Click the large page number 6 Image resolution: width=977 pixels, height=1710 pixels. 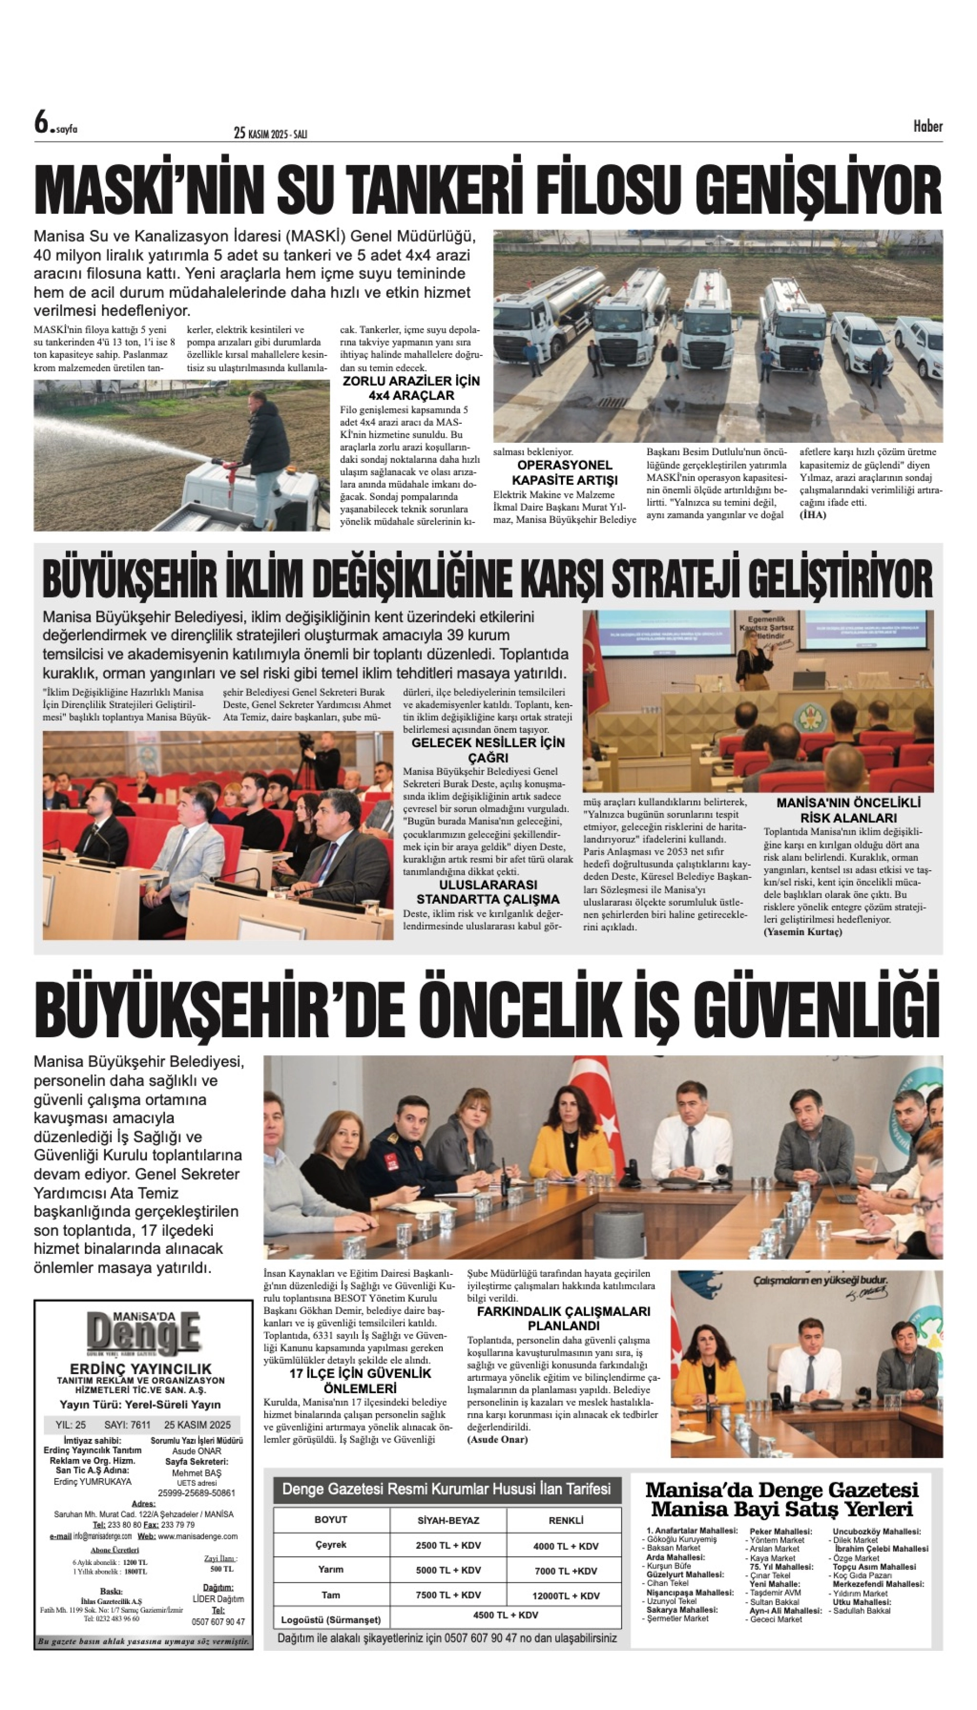(42, 123)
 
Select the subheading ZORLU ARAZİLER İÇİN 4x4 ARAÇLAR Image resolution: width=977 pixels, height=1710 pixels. (411, 388)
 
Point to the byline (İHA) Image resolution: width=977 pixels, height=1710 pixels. (812, 515)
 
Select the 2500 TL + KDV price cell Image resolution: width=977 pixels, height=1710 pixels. (448, 1545)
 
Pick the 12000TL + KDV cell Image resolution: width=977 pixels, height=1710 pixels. (566, 1595)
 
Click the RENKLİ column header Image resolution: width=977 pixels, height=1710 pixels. (566, 1520)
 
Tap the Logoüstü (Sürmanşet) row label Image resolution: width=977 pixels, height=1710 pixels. (331, 1620)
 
